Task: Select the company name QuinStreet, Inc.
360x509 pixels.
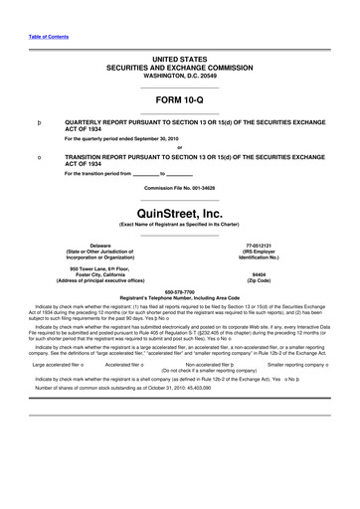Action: (x=179, y=212)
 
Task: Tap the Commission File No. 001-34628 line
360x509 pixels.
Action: (x=179, y=188)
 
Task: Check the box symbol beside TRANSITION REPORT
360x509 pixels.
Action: (x=38, y=158)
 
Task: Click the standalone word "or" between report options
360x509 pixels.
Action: (x=179, y=148)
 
